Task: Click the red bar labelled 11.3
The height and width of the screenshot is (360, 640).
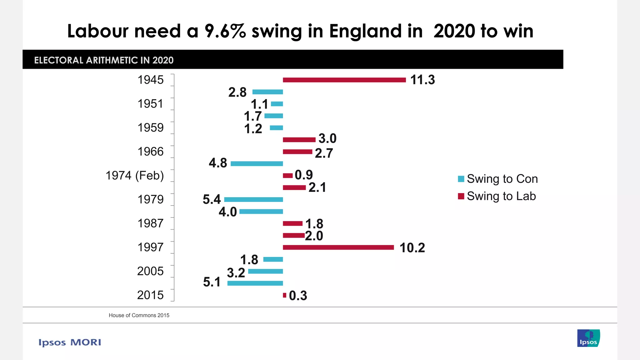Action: [344, 80]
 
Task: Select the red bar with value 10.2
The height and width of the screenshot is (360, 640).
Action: [338, 247]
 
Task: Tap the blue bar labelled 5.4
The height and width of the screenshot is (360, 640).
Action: [253, 200]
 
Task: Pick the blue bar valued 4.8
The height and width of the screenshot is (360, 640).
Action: [257, 164]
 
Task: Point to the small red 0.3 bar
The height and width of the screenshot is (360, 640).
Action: [284, 295]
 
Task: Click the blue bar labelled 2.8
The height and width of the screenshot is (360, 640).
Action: [267, 92]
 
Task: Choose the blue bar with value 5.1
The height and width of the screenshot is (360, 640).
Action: [255, 283]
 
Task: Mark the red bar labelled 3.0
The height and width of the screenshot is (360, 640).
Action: [299, 140]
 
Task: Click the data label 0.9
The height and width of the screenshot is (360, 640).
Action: [303, 175]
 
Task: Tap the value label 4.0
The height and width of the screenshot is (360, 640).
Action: [227, 212]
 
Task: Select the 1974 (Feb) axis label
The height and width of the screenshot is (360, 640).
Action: [135, 176]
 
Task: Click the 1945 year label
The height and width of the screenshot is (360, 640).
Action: [151, 80]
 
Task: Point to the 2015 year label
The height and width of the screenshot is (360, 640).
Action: [150, 295]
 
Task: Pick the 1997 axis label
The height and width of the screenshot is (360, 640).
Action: [150, 247]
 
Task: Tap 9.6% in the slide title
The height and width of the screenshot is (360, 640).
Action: [225, 31]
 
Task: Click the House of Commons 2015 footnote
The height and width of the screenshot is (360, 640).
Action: [139, 315]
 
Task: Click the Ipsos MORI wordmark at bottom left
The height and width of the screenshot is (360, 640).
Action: [70, 342]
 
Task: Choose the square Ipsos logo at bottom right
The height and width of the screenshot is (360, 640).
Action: [588, 338]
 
